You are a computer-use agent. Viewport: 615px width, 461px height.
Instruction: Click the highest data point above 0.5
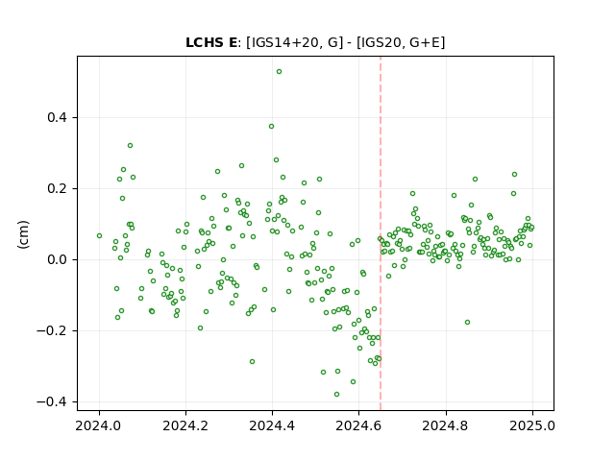coord(279,72)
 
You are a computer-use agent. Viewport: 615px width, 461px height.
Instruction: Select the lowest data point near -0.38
coord(336,395)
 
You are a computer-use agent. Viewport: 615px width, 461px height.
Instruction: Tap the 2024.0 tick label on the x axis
coord(100,425)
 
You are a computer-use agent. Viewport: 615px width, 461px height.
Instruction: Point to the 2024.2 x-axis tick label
coord(185,425)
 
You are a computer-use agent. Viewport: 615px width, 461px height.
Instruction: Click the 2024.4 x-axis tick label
coord(272,425)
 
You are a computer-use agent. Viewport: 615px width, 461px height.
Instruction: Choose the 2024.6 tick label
coord(358,425)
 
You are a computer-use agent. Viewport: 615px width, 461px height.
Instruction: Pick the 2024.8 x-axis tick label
coord(446,425)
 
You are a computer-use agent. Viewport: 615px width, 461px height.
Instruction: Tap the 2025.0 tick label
coord(532,425)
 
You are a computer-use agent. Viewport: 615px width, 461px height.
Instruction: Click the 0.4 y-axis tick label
coord(58,117)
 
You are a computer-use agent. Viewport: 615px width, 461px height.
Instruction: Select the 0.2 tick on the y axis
coord(58,188)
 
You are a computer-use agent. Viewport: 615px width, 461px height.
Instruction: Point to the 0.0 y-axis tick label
coord(58,259)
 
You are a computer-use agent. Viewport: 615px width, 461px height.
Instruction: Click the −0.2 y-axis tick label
coord(52,330)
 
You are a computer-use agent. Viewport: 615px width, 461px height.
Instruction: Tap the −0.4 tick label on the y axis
coord(52,401)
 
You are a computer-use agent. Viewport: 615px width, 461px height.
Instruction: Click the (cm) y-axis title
coord(23,234)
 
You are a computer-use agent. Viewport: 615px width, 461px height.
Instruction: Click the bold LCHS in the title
coord(203,42)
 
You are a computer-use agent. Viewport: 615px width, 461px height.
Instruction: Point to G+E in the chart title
coord(425,42)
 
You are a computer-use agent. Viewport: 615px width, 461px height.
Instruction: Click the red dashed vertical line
coord(381,233)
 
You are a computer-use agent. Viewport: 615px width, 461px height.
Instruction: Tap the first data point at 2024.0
coord(99,236)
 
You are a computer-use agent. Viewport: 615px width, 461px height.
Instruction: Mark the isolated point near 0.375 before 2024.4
coord(271,127)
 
